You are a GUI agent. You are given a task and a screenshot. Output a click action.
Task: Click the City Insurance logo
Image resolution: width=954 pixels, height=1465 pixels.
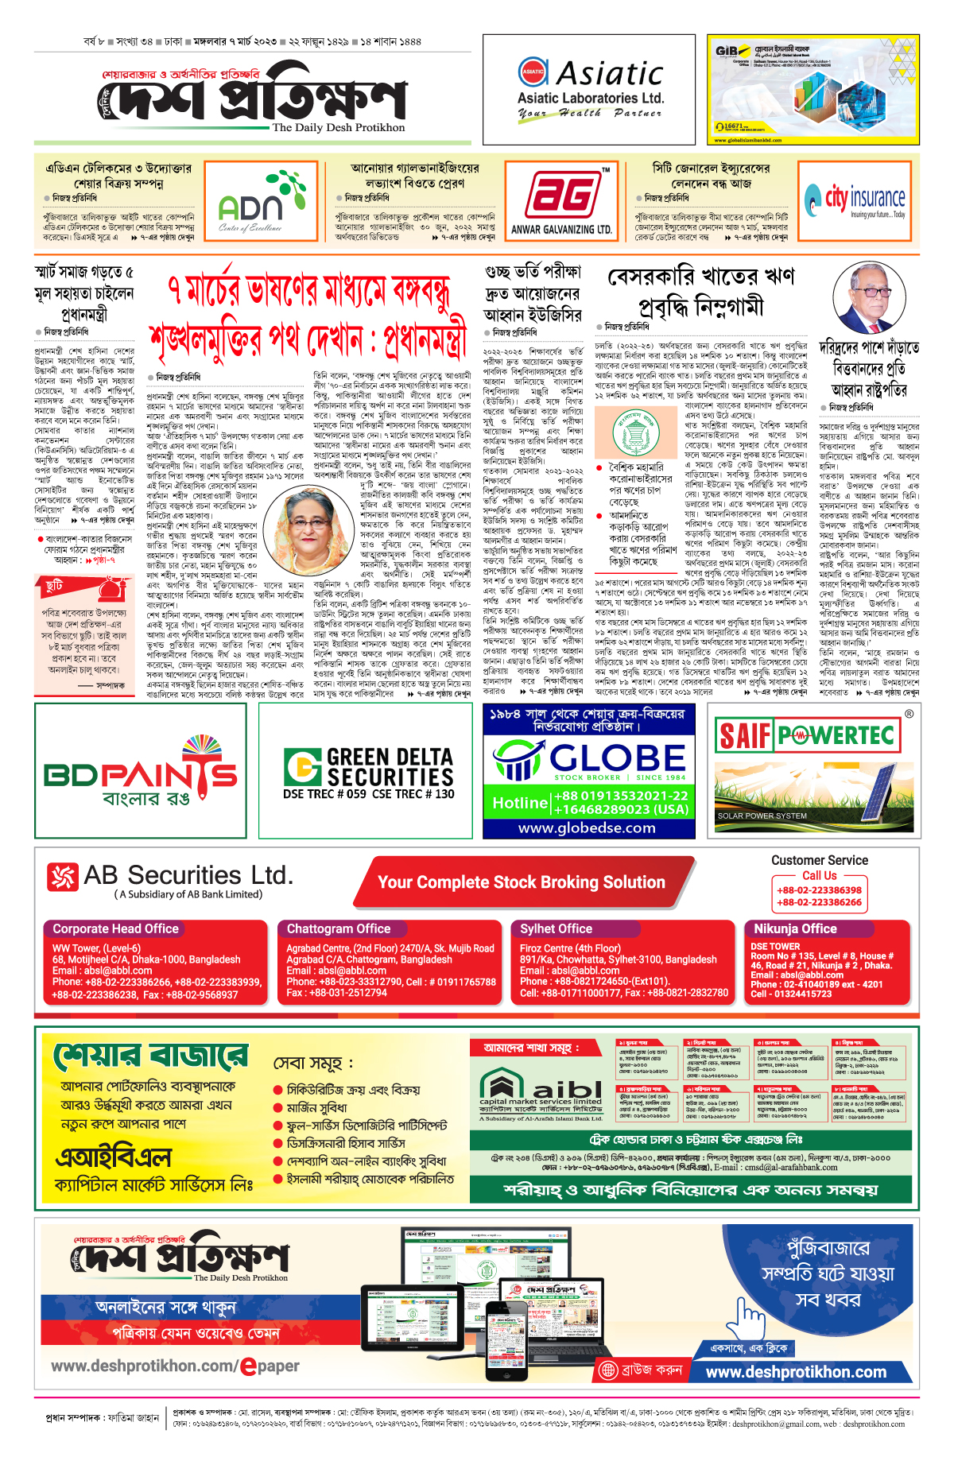(x=855, y=199)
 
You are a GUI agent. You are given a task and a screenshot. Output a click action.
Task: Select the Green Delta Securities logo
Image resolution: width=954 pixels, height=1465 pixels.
(x=369, y=772)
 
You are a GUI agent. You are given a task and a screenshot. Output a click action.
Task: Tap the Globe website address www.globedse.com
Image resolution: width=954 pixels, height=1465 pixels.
(x=587, y=827)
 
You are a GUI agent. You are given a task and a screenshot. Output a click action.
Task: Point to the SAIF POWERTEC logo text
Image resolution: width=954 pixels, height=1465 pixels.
(x=807, y=735)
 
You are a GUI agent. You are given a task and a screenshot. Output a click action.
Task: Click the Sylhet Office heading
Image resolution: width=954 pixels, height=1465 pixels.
(x=556, y=928)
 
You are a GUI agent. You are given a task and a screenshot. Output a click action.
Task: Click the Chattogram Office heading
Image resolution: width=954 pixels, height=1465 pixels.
(x=339, y=928)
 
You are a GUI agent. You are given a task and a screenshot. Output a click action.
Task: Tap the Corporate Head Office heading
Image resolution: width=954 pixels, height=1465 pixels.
(x=116, y=928)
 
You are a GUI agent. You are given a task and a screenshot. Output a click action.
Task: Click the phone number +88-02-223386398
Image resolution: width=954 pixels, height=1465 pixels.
(x=819, y=890)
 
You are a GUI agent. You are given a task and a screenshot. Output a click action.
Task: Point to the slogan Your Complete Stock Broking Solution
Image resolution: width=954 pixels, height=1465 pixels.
(x=522, y=882)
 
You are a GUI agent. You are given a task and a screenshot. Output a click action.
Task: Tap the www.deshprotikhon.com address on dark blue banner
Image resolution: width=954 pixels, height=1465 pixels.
(x=796, y=1372)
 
